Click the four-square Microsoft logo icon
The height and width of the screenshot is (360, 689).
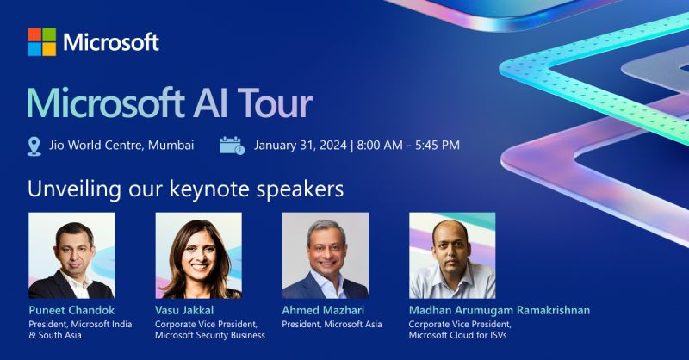[x=41, y=41]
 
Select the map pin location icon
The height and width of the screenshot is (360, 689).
[x=34, y=146]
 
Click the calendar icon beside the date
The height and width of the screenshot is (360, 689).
[x=232, y=145]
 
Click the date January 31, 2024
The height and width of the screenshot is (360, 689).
[x=299, y=145]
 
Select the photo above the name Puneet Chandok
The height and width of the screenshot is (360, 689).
[x=71, y=255]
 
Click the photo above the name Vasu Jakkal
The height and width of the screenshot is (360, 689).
[x=198, y=255]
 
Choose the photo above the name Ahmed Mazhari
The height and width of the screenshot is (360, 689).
[x=326, y=255]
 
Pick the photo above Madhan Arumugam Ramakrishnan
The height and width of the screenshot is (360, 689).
[x=452, y=255]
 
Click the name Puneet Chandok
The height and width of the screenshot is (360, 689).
[x=71, y=309]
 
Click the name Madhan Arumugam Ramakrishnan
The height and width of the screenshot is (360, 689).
[x=500, y=309]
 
